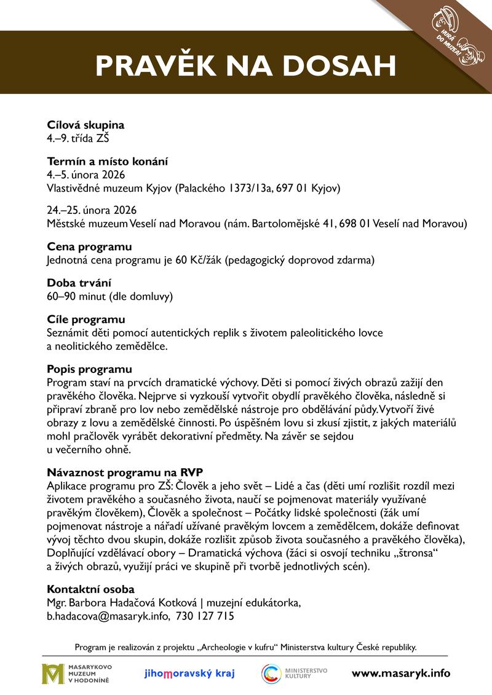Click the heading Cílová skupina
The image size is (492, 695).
85,125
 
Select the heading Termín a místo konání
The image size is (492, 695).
108,162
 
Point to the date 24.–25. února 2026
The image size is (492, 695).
92,210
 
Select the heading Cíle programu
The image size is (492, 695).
86,320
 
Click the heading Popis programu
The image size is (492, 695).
89,369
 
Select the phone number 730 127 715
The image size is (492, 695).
205,615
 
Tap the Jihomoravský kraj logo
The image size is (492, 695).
189,673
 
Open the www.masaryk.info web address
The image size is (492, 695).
400,673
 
